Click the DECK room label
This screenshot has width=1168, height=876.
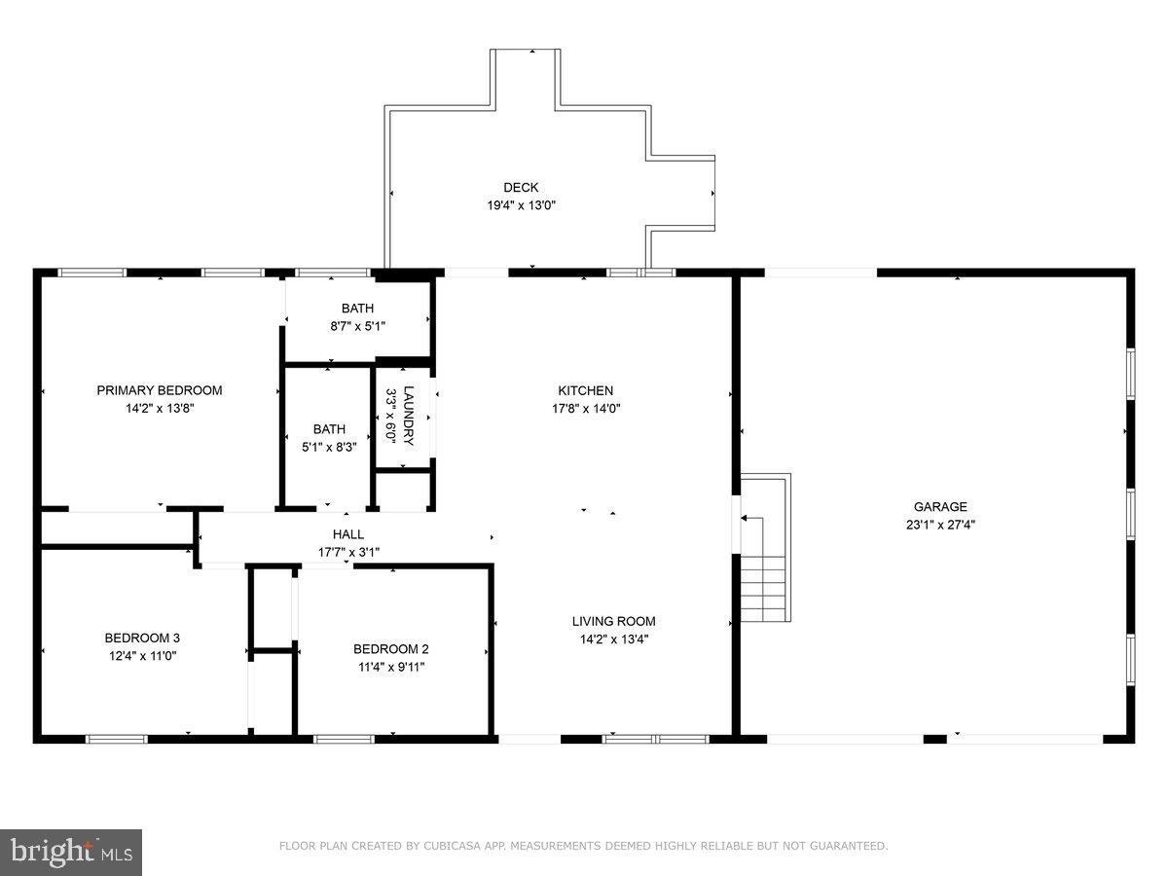click(x=521, y=187)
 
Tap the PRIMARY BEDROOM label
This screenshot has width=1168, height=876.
click(x=159, y=390)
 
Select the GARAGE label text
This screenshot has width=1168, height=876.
click(x=940, y=506)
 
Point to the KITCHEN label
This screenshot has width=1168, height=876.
click(x=585, y=390)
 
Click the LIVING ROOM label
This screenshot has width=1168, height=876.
click(x=613, y=621)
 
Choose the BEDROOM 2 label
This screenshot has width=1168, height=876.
click(x=390, y=649)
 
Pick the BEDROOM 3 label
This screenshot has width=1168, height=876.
click(x=142, y=638)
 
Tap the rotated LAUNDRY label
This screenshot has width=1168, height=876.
click(x=409, y=416)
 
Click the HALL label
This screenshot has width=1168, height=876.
click(x=348, y=534)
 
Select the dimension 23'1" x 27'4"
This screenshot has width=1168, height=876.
click(x=940, y=525)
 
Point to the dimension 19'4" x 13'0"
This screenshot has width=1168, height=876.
click(x=521, y=204)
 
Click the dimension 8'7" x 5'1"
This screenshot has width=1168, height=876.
click(x=357, y=326)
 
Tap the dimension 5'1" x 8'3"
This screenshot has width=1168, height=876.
click(x=329, y=447)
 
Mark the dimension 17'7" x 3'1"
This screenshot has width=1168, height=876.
click(x=348, y=552)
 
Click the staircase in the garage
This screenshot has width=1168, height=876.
click(x=766, y=547)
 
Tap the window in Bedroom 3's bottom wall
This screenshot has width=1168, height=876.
click(x=117, y=739)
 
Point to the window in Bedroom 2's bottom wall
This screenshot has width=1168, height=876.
click(x=344, y=739)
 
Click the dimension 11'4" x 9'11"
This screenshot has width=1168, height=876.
click(x=391, y=667)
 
